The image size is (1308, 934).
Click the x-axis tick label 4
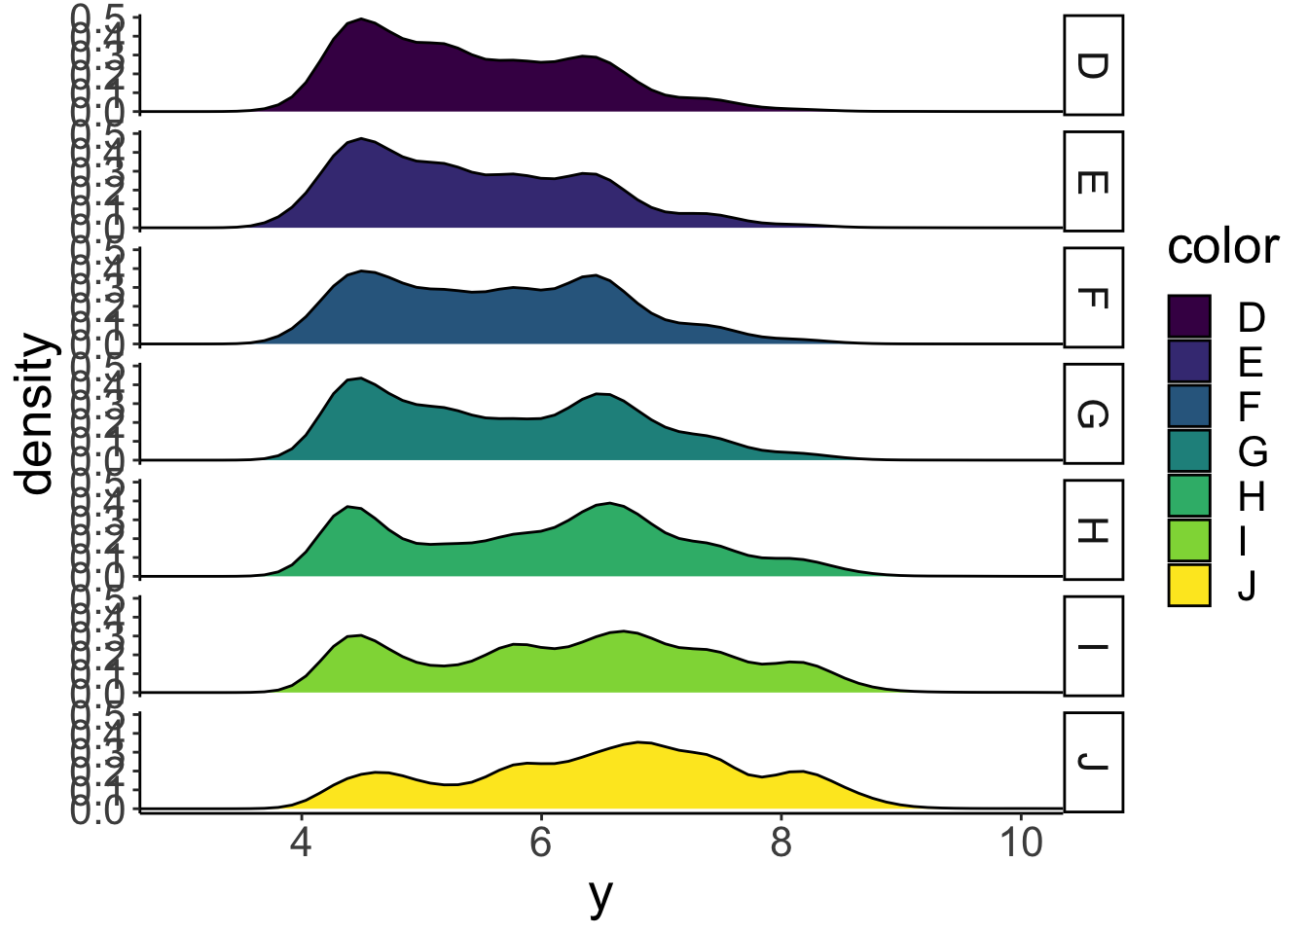point(301,843)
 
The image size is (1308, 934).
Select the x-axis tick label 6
point(541,843)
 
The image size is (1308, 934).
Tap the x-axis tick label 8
point(781,843)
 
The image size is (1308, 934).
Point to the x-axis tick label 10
point(1021,843)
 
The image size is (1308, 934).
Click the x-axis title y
point(601,896)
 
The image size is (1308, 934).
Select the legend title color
point(1223,247)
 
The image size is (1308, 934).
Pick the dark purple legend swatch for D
point(1189,316)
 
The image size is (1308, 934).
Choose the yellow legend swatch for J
point(1189,586)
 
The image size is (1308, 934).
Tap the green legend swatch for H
point(1189,496)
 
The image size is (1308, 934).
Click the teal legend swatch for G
point(1189,451)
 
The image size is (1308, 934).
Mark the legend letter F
point(1250,407)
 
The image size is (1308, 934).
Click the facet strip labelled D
point(1093,65)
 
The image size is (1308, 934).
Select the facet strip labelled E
point(1093,182)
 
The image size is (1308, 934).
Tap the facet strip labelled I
point(1093,647)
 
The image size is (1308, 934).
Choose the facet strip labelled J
point(1093,763)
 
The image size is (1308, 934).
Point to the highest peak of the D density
point(361,18)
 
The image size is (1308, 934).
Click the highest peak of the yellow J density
point(639,742)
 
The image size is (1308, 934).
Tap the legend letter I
point(1245,541)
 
